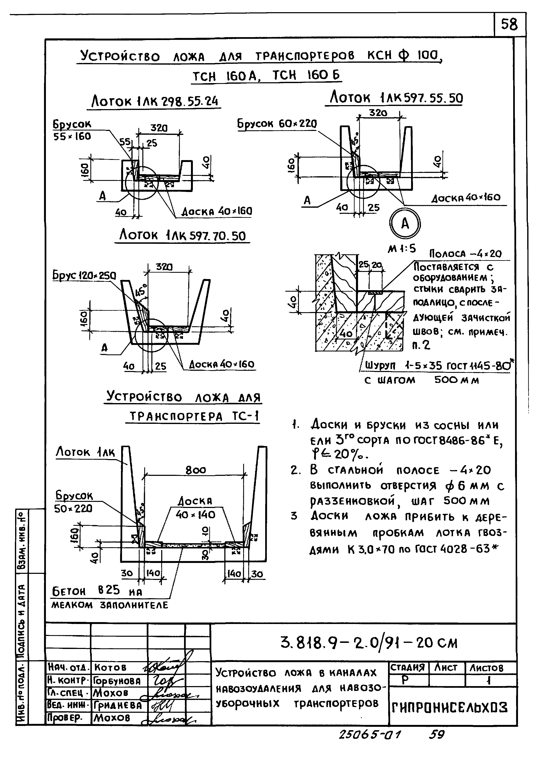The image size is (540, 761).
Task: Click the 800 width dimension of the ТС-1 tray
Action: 196,470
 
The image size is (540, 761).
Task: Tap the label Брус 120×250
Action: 84,276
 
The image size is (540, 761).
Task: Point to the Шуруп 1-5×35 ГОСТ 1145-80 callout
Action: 439,366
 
